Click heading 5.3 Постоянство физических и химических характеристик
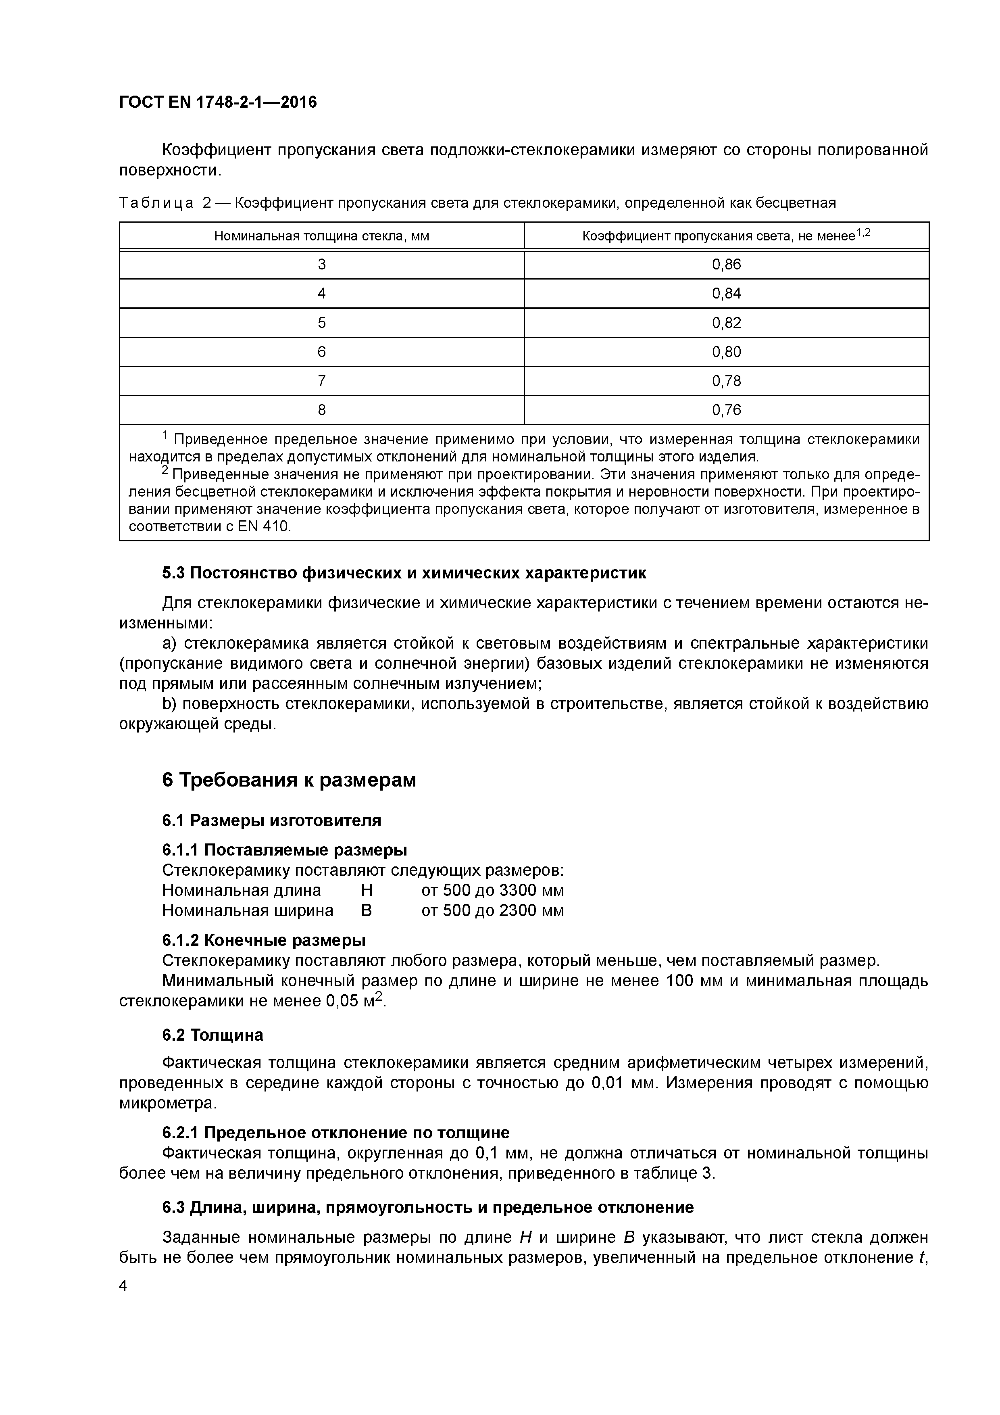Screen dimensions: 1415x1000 pos(404,573)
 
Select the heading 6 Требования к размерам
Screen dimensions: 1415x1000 pos(289,780)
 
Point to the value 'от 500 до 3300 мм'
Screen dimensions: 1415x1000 pos(492,891)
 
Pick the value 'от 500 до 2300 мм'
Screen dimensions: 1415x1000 pos(492,910)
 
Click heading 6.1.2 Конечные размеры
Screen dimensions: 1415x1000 pos(264,941)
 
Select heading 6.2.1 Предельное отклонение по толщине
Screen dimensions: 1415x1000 pos(336,1133)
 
